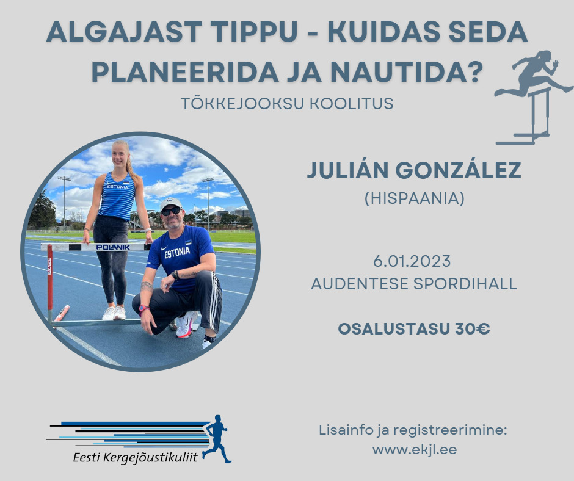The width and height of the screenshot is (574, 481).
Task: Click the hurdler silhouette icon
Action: point(533,98)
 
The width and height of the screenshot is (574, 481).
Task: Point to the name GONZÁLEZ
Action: point(459,170)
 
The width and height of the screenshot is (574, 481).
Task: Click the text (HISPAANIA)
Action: point(415,198)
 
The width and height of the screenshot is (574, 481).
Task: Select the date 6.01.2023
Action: point(412,261)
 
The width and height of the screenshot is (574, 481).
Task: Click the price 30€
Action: point(472,329)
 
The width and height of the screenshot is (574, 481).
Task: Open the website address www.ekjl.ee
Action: point(415,449)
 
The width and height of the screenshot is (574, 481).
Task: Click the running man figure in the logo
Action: point(217,439)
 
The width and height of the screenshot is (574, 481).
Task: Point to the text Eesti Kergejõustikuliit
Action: point(135,458)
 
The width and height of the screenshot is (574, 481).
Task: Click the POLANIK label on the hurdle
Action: point(113,247)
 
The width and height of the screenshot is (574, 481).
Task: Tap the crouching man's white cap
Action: point(170,203)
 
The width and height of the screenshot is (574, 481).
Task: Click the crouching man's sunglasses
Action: point(171,211)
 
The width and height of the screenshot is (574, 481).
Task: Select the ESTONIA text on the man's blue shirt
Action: point(177,252)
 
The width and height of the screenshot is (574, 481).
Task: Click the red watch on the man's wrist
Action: point(143,309)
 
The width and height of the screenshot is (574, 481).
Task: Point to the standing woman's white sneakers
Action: point(114,313)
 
